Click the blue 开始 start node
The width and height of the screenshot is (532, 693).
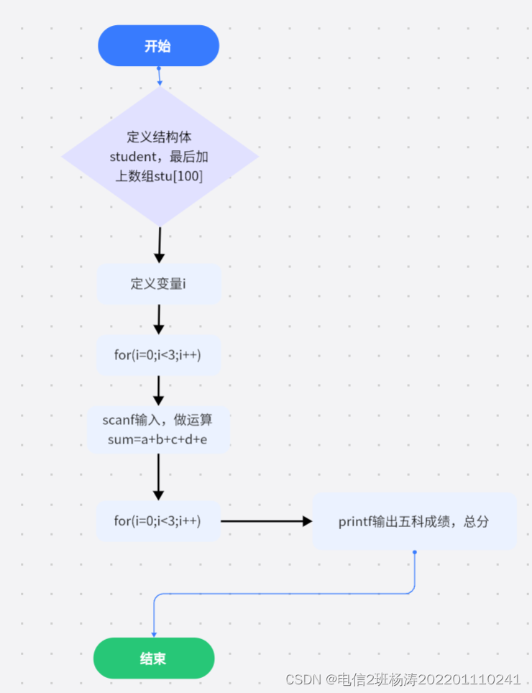(158, 46)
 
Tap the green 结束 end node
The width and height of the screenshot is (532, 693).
(154, 658)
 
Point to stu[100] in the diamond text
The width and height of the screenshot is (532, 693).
(178, 175)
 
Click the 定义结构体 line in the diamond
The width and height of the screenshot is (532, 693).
(159, 137)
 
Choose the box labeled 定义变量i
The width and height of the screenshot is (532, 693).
(159, 283)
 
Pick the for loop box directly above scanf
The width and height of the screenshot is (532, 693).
(159, 354)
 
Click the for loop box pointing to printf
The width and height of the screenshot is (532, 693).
(158, 521)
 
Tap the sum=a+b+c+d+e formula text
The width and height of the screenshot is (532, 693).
(157, 439)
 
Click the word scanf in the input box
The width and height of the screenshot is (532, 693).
(119, 420)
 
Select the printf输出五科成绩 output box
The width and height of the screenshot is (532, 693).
(414, 521)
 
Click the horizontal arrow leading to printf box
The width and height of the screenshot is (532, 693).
(266, 521)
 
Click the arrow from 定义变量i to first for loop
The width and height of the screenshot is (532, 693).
(159, 319)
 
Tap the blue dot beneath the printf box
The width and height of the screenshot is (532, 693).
(415, 552)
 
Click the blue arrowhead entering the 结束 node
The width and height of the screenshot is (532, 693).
(154, 633)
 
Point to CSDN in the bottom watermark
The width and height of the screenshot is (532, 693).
(302, 679)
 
